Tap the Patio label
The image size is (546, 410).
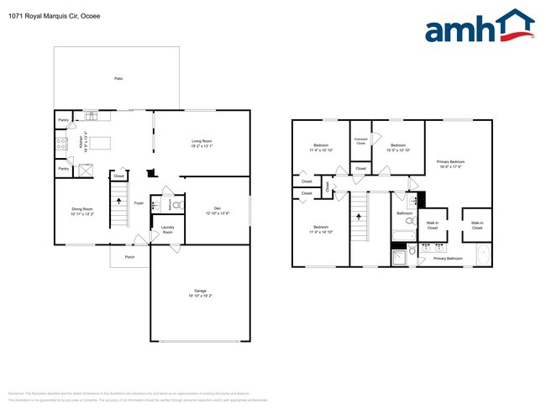pyautogui.click(x=118, y=78)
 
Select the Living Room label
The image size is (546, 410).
pyautogui.click(x=202, y=143)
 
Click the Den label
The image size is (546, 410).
pyautogui.click(x=216, y=210)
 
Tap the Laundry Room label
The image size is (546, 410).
pyautogui.click(x=167, y=230)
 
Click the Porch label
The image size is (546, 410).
pyautogui.click(x=129, y=257)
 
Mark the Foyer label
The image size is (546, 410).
pyautogui.click(x=139, y=202)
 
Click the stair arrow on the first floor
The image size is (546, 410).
pyautogui.click(x=118, y=202)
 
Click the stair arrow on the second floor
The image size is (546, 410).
pyautogui.click(x=359, y=215)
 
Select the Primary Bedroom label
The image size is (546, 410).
pyautogui.click(x=450, y=163)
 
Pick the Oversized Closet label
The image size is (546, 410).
pyautogui.click(x=360, y=140)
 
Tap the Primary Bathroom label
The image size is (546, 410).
pyautogui.click(x=448, y=259)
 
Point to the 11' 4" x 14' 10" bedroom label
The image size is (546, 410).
pyautogui.click(x=321, y=229)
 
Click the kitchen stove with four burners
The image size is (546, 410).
pyautogui.click(x=62, y=144)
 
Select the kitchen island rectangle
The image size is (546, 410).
pyautogui.click(x=101, y=143)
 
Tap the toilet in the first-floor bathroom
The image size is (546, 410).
pyautogui.click(x=176, y=204)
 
